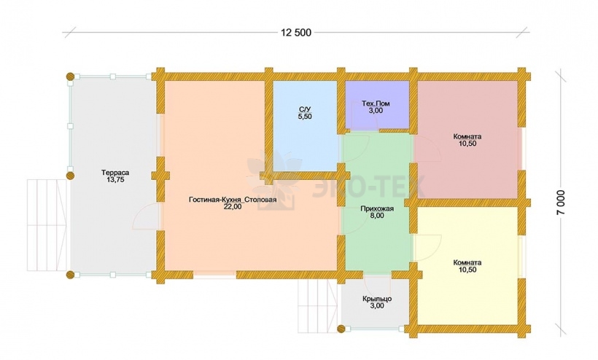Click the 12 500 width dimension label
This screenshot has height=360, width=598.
pyautogui.click(x=296, y=33)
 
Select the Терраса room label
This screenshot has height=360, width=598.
pyautogui.click(x=114, y=173)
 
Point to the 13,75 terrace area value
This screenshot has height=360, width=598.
pyautogui.click(x=115, y=180)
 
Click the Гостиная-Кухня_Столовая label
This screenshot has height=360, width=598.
pyautogui.click(x=232, y=200)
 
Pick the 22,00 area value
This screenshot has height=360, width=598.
pyautogui.click(x=233, y=207)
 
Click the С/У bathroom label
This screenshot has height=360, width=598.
pyautogui.click(x=304, y=110)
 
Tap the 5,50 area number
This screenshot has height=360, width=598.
pyautogui.click(x=305, y=117)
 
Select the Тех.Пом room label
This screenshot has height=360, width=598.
pyautogui.click(x=376, y=103)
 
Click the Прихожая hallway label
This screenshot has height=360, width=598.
pyautogui.click(x=377, y=208)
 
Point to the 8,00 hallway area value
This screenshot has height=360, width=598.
pyautogui.click(x=377, y=216)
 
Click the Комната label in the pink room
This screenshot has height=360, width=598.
pyautogui.click(x=467, y=136)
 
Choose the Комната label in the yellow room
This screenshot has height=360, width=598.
pyautogui.click(x=467, y=262)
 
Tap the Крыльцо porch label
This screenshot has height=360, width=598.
pyautogui.click(x=377, y=299)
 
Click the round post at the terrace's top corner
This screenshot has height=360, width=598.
pyautogui.click(x=70, y=77)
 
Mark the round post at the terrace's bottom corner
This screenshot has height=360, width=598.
pyautogui.click(x=70, y=274)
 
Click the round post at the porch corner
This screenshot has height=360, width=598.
pyautogui.click(x=341, y=328)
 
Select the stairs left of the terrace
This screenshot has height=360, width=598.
pyautogui.click(x=47, y=225)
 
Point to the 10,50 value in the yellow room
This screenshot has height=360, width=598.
pyautogui.click(x=467, y=270)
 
